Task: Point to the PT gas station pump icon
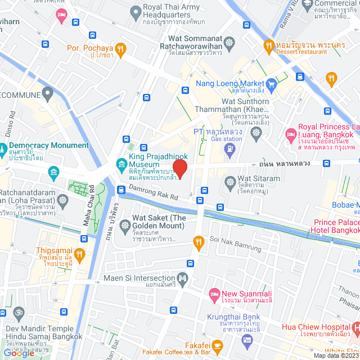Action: pos(229,150)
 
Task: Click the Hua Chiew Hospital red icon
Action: pos(355,326)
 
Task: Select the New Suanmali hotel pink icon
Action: pos(214,294)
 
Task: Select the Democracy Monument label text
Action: pos(51,145)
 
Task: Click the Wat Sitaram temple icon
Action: pos(230,182)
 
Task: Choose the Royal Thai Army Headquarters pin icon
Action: pos(135,11)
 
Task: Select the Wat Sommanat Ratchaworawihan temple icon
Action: pos(229,42)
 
